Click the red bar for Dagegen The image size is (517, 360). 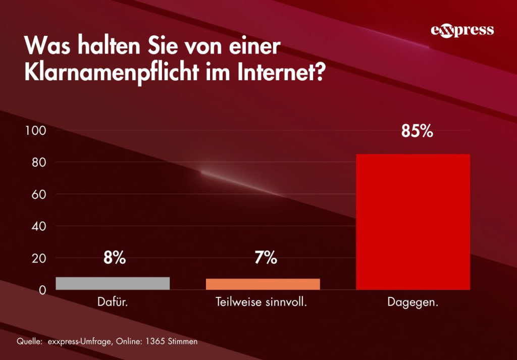413,222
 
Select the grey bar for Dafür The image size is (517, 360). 113,283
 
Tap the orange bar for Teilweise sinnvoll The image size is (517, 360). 263,284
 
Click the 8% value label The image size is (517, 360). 115,259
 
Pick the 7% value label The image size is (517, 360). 266,259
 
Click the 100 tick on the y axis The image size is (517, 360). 36,131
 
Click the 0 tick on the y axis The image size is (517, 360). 42,291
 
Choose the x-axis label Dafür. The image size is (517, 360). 113,303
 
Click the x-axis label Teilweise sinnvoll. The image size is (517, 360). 262,303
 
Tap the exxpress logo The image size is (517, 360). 462,30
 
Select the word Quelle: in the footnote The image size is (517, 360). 29,342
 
